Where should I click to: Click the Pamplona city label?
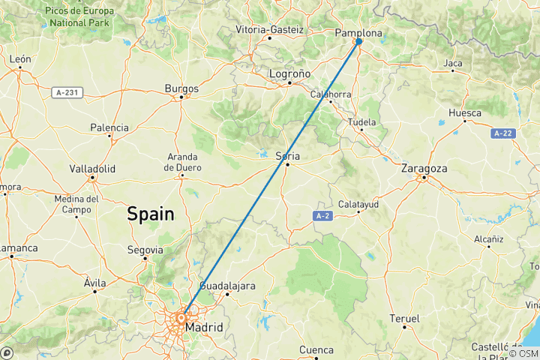pos(358,33)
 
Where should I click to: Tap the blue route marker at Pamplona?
pos(358,41)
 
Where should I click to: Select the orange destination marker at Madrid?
pos(181,318)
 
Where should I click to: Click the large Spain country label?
pos(150,214)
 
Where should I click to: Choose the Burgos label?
pos(181,88)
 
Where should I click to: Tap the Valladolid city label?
pos(92,169)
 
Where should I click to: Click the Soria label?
pos(287,156)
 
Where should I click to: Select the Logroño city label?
pos(290,73)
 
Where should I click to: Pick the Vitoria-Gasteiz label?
pos(269,29)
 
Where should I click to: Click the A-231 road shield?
pos(67,92)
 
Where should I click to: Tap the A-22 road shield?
pos(503,133)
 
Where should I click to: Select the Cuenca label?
pos(316,349)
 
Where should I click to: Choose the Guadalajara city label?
pos(227,286)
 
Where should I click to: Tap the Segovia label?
pos(145,249)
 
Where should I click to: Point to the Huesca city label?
pos(464,113)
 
